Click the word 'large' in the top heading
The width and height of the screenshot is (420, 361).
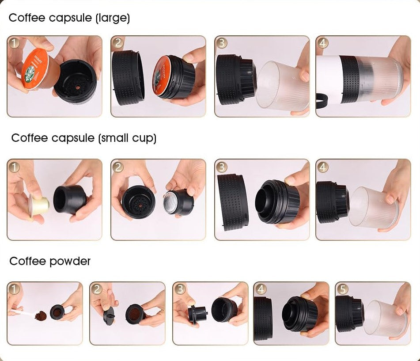coord(113,18)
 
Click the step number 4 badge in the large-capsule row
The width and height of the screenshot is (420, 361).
coord(323,43)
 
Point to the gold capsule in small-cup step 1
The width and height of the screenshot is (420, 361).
coord(39,205)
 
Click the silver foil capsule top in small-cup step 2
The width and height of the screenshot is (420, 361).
coord(171,202)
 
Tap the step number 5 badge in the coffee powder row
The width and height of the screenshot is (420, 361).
coord(343,289)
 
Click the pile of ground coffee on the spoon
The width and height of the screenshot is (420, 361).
coord(41,315)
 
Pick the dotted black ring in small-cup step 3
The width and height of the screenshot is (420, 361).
coord(232,202)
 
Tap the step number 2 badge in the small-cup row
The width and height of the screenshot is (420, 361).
coord(118,167)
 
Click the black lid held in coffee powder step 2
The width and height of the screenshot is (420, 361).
coord(109,315)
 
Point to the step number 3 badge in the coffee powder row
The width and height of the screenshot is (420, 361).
coord(180,289)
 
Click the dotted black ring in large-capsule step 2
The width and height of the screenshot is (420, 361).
coord(128,77)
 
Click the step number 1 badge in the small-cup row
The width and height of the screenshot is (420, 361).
coord(14,167)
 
